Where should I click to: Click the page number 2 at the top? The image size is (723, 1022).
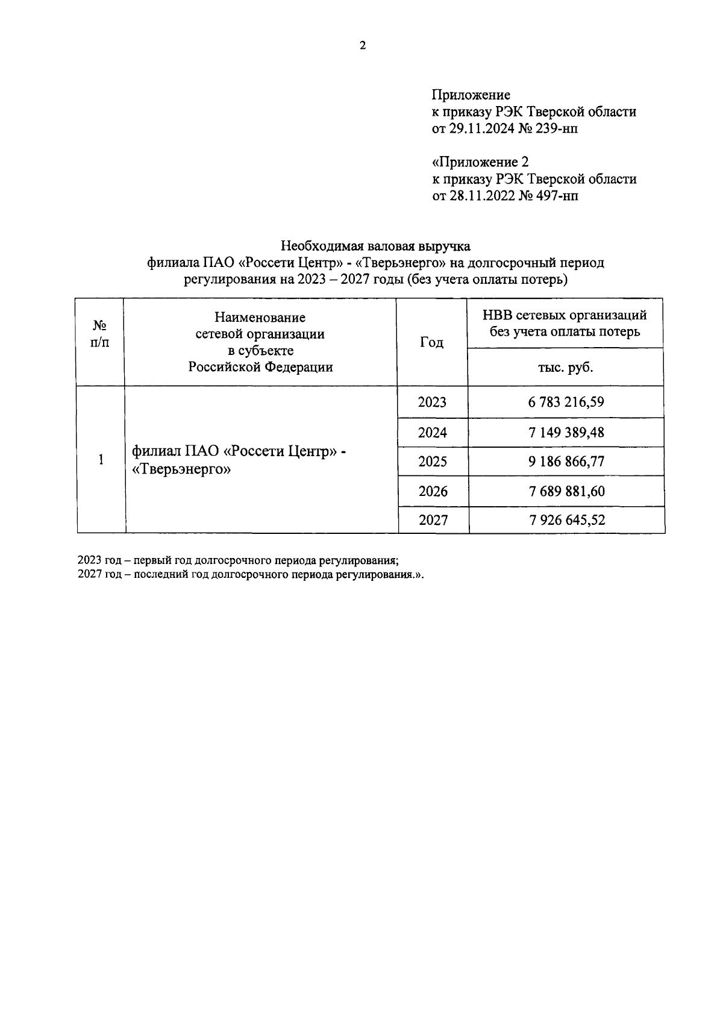[x=362, y=46]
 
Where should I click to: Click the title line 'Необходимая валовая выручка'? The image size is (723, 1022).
[x=375, y=246]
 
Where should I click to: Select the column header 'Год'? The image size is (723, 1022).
[x=431, y=342]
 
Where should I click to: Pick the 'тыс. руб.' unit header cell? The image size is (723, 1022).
[x=565, y=367]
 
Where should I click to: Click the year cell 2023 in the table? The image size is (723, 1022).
[x=432, y=402]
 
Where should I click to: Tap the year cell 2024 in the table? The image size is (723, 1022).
[x=433, y=433]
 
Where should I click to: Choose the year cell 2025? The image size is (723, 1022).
[x=433, y=462]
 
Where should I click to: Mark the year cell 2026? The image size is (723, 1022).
[x=433, y=491]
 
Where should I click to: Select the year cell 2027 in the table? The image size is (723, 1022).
[x=433, y=519]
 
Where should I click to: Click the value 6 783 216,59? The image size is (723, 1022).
[x=566, y=402]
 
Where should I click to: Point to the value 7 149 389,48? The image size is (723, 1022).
[x=566, y=433]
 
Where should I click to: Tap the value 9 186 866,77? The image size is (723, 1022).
[x=566, y=462]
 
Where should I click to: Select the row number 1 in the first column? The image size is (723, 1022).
[x=101, y=459]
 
